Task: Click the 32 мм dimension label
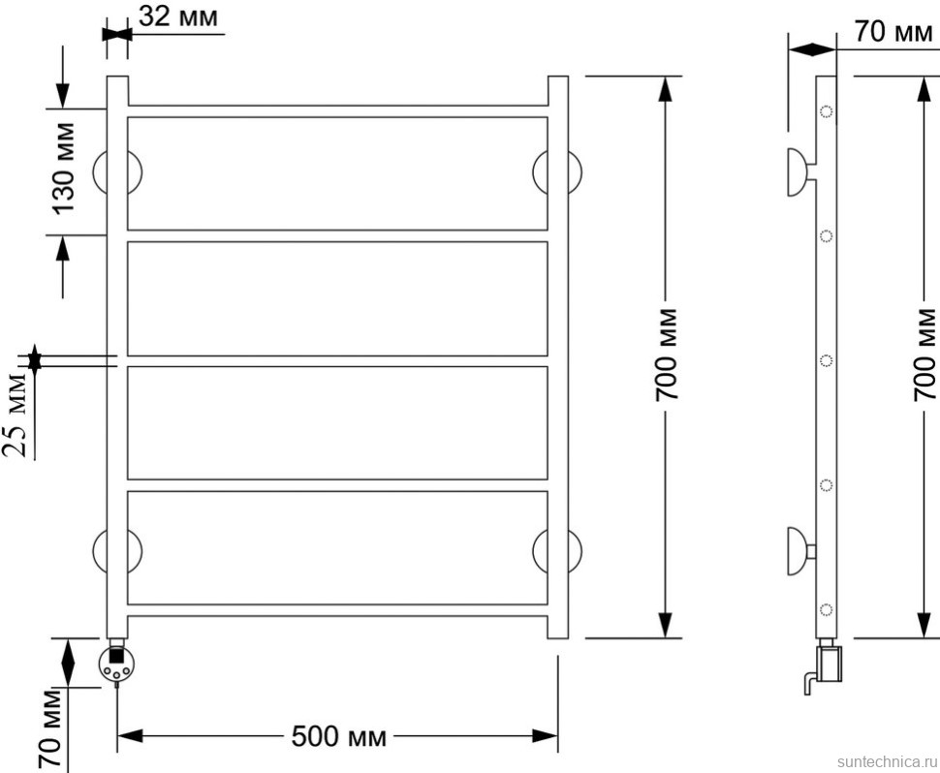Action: (x=178, y=16)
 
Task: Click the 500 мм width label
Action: (x=339, y=736)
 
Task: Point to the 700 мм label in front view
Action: (x=666, y=355)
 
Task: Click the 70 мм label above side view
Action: (x=893, y=31)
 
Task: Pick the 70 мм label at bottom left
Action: (x=50, y=728)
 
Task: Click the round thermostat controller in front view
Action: (x=115, y=663)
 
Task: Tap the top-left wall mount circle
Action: (x=117, y=172)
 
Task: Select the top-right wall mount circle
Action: (x=557, y=172)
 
